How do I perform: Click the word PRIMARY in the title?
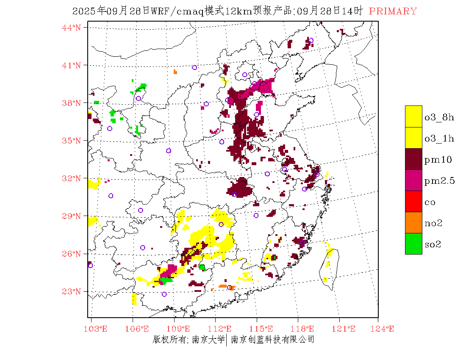(393, 11)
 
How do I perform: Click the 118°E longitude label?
(305, 329)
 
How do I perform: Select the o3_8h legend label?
(439, 117)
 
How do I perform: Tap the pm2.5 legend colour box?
(413, 180)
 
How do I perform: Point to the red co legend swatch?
(413, 201)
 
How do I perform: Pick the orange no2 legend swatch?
(413, 222)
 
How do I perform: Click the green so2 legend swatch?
(413, 244)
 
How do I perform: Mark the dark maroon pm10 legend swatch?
(413, 159)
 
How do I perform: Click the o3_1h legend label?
(439, 138)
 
